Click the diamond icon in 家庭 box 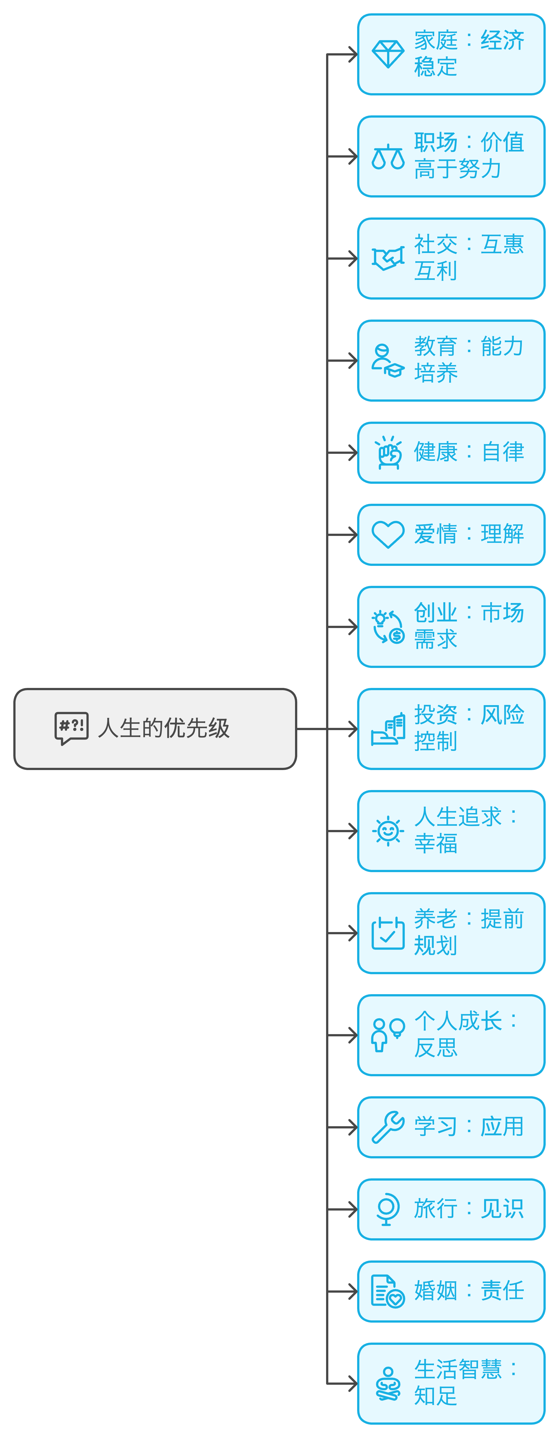coord(388,54)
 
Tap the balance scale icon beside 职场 coord(388,157)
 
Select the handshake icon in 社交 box coord(388,259)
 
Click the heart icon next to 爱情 coord(388,534)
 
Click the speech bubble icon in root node coord(72,728)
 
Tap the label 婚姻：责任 coord(469,1291)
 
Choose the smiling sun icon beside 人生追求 coord(388,831)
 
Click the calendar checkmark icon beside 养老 coord(388,933)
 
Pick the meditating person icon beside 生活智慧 coord(388,1383)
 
